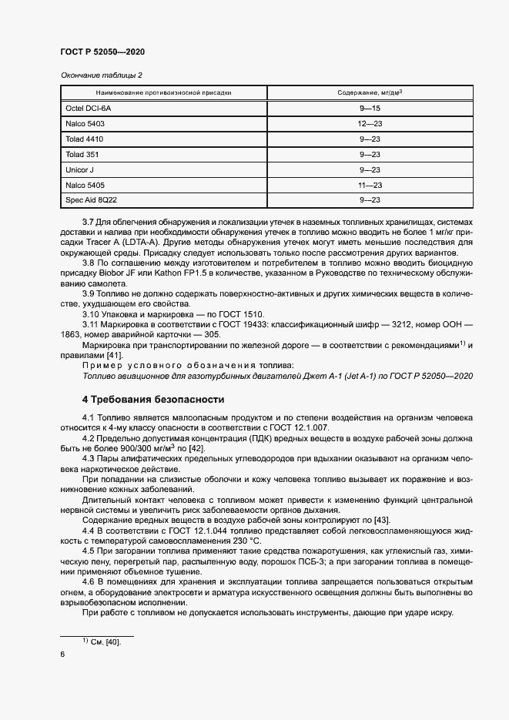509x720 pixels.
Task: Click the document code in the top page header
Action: tap(102, 52)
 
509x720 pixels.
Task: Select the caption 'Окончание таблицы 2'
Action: tap(101, 75)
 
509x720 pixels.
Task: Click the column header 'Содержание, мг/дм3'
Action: tap(370, 92)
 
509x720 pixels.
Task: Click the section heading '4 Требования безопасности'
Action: tap(153, 400)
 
